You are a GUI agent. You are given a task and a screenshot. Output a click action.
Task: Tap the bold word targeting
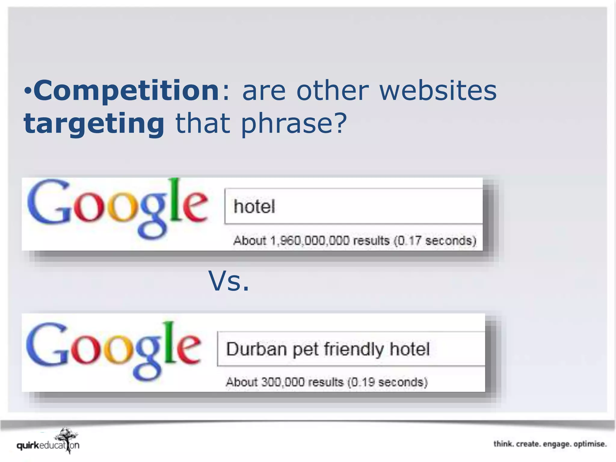coord(94,124)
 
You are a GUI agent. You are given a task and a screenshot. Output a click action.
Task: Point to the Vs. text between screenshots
coord(229,281)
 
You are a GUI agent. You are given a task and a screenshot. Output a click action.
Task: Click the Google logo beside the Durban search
coord(114,350)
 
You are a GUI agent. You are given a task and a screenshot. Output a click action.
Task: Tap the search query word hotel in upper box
coord(254,207)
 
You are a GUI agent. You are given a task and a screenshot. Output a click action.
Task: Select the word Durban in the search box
coord(256,349)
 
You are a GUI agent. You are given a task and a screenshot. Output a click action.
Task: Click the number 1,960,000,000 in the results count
coord(310,241)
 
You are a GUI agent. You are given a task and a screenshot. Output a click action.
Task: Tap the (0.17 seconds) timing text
coord(435,241)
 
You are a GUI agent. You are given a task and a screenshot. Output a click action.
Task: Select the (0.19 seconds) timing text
coord(387,382)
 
